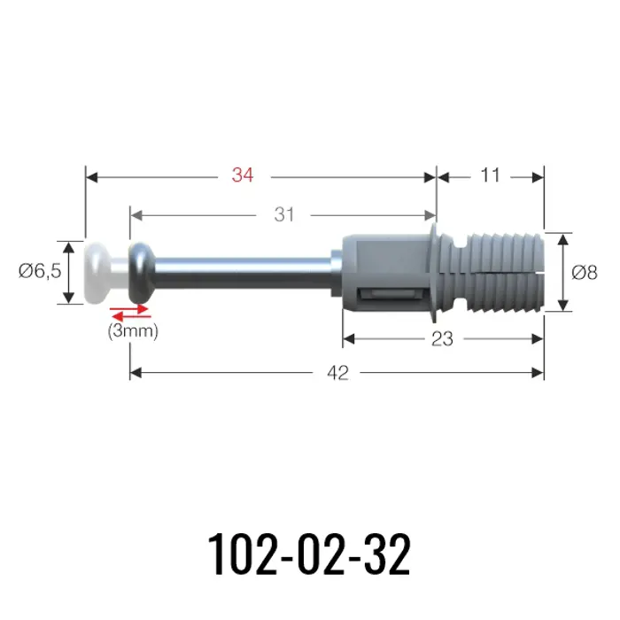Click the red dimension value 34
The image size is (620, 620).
point(243,174)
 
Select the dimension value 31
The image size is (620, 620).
point(284,214)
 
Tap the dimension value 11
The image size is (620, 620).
point(490,174)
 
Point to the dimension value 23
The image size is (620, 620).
point(442,339)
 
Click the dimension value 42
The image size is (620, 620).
point(338,373)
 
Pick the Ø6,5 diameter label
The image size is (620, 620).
point(40,271)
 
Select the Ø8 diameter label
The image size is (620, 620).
point(585,273)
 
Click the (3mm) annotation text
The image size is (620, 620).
point(133,331)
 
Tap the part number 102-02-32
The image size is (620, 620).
point(309,554)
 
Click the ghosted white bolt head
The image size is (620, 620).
point(98,273)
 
